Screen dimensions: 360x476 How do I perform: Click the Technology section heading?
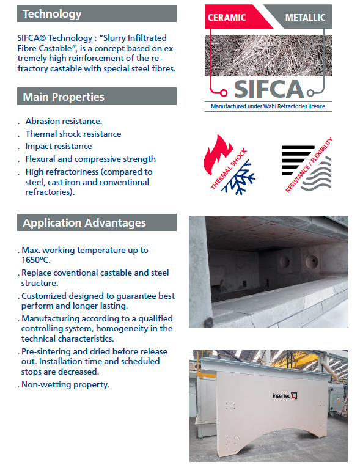[52, 13]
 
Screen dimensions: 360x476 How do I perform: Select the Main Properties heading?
[64, 97]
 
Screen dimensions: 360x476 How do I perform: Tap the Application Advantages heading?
[84, 222]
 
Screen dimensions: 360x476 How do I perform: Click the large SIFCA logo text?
[270, 89]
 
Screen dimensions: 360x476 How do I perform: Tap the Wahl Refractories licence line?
[268, 106]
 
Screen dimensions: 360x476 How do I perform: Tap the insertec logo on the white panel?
[285, 395]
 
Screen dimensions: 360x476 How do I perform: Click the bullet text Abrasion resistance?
[64, 122]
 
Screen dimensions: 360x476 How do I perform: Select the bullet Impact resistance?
[59, 147]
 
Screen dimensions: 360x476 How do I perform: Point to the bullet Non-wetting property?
[65, 385]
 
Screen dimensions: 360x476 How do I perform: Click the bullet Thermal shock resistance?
[73, 134]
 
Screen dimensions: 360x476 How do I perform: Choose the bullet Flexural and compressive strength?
[90, 159]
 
